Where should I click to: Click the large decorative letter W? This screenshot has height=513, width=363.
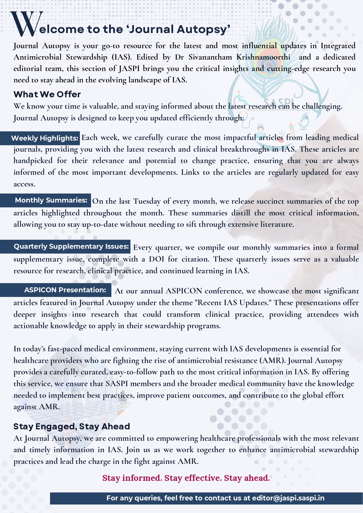tap(27, 24)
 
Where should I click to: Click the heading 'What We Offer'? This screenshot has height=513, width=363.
tap(47, 94)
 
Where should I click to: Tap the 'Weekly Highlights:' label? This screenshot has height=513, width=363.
tap(45, 138)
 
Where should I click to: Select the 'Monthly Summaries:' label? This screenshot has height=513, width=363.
tap(51, 200)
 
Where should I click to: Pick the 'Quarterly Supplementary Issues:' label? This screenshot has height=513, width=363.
tap(71, 246)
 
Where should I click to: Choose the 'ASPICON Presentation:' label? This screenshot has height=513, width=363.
tap(65, 290)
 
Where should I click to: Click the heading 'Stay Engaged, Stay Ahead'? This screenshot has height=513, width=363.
tap(72, 426)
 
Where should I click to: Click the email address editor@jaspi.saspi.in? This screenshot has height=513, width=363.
tap(288, 498)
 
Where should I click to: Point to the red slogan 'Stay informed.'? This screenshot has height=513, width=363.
tap(132, 478)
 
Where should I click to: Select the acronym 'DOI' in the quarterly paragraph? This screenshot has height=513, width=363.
tap(156, 259)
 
